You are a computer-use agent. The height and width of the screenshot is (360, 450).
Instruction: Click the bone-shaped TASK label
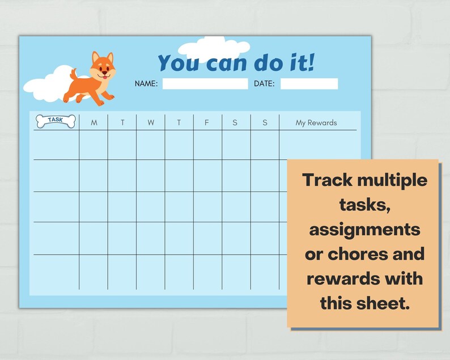[x=55, y=121]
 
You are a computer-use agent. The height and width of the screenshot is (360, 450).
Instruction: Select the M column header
[x=94, y=123]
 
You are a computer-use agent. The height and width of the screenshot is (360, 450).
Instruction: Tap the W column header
[x=151, y=123]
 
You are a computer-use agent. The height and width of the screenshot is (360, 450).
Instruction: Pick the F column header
[x=207, y=123]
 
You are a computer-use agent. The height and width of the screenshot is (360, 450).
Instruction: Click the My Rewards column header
[x=316, y=123]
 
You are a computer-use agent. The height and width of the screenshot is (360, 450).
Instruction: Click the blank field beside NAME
[x=205, y=84]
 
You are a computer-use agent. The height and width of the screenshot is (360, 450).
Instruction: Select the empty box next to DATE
[x=309, y=84]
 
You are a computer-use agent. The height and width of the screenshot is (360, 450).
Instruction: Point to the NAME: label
[x=146, y=84]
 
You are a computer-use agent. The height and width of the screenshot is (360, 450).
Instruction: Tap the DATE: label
[x=264, y=84]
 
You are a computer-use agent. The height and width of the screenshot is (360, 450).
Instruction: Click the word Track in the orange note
[x=328, y=181]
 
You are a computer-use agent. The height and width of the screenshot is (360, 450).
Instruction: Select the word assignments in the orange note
[x=364, y=230]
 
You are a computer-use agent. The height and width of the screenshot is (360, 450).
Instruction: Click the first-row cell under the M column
[x=94, y=145]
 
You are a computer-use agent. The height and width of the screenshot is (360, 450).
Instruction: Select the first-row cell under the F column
[x=207, y=145]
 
